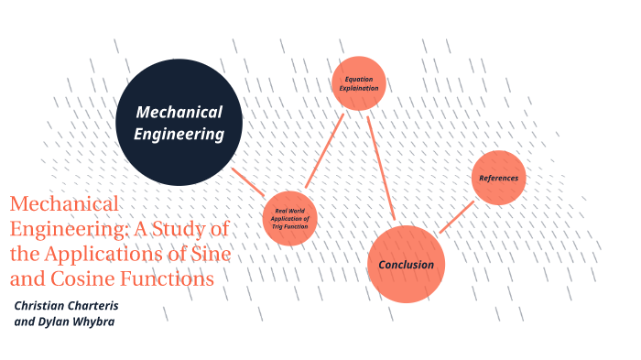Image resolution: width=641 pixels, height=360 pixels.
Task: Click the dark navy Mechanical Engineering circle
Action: point(179,122)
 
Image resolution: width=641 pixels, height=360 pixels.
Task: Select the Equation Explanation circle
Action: point(358,83)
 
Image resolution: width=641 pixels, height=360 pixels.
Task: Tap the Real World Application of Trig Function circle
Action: point(290,218)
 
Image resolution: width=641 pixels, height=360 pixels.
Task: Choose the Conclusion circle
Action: point(406,264)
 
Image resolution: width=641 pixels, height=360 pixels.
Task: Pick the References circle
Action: point(499,177)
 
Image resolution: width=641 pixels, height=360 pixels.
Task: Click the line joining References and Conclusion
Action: point(456,216)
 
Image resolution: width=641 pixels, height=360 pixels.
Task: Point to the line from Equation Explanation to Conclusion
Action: point(380,165)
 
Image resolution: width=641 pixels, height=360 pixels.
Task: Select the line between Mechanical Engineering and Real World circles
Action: point(248,181)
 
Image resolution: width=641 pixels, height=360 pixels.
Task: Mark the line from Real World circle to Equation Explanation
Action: point(324,150)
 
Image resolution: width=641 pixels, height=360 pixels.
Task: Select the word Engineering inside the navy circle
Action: point(179,134)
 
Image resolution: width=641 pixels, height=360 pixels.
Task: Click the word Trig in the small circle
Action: point(281,226)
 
